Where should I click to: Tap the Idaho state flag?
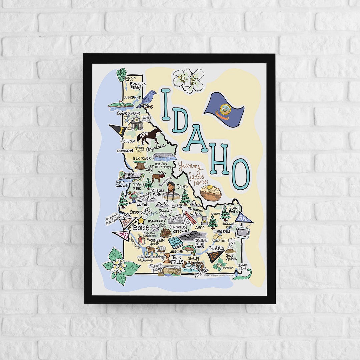click(224, 109)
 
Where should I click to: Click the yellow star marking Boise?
click(141, 220)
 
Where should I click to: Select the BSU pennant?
click(128, 222)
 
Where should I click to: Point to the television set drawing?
click(243, 232)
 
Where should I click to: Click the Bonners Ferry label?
click(138, 86)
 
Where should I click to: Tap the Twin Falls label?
click(177, 259)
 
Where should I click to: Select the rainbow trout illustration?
click(189, 250)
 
